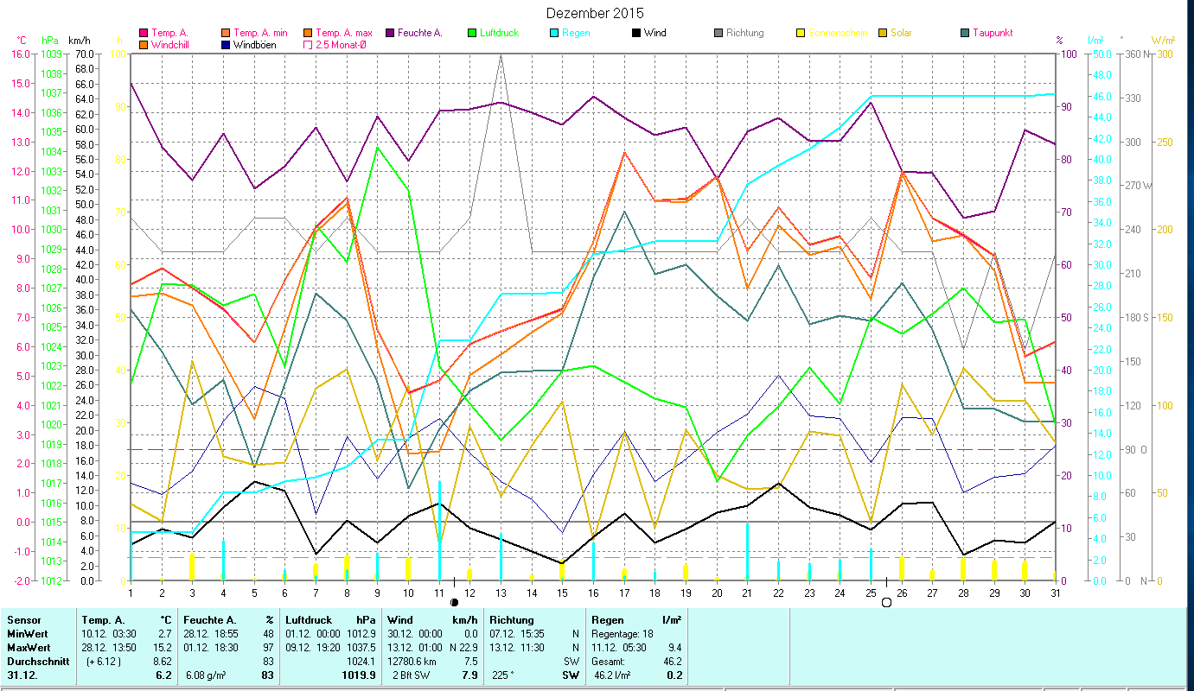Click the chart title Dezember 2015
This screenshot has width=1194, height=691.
pos(595,14)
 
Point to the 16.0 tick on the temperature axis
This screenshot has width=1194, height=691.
pos(18,54)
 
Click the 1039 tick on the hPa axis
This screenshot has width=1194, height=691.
pos(50,54)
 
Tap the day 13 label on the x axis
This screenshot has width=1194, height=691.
pos(501,593)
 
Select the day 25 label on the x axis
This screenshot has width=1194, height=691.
pos(870,593)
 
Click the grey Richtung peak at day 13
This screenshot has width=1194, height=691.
pos(501,55)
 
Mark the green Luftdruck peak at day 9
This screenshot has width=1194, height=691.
pos(378,148)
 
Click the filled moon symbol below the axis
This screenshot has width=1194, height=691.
pos(455,602)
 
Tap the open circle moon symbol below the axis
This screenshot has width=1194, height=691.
pos(885,602)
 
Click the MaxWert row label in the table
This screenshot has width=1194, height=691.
pos(28,647)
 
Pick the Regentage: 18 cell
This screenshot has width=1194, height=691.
pos(623,633)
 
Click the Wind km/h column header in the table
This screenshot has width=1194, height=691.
pos(432,619)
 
